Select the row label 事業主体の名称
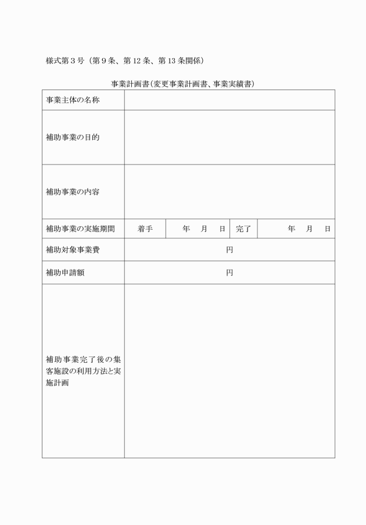click(73, 101)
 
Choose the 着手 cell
click(145, 229)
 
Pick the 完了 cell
click(243, 229)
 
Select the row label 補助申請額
click(65, 273)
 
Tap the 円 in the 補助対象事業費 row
click(229, 250)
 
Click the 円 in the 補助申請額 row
click(229, 273)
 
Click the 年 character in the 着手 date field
click(186, 229)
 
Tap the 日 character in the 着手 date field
click(222, 229)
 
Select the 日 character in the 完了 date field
click(328, 229)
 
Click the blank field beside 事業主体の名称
click(229, 101)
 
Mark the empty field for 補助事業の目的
click(229, 138)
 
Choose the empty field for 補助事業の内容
click(229, 191)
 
